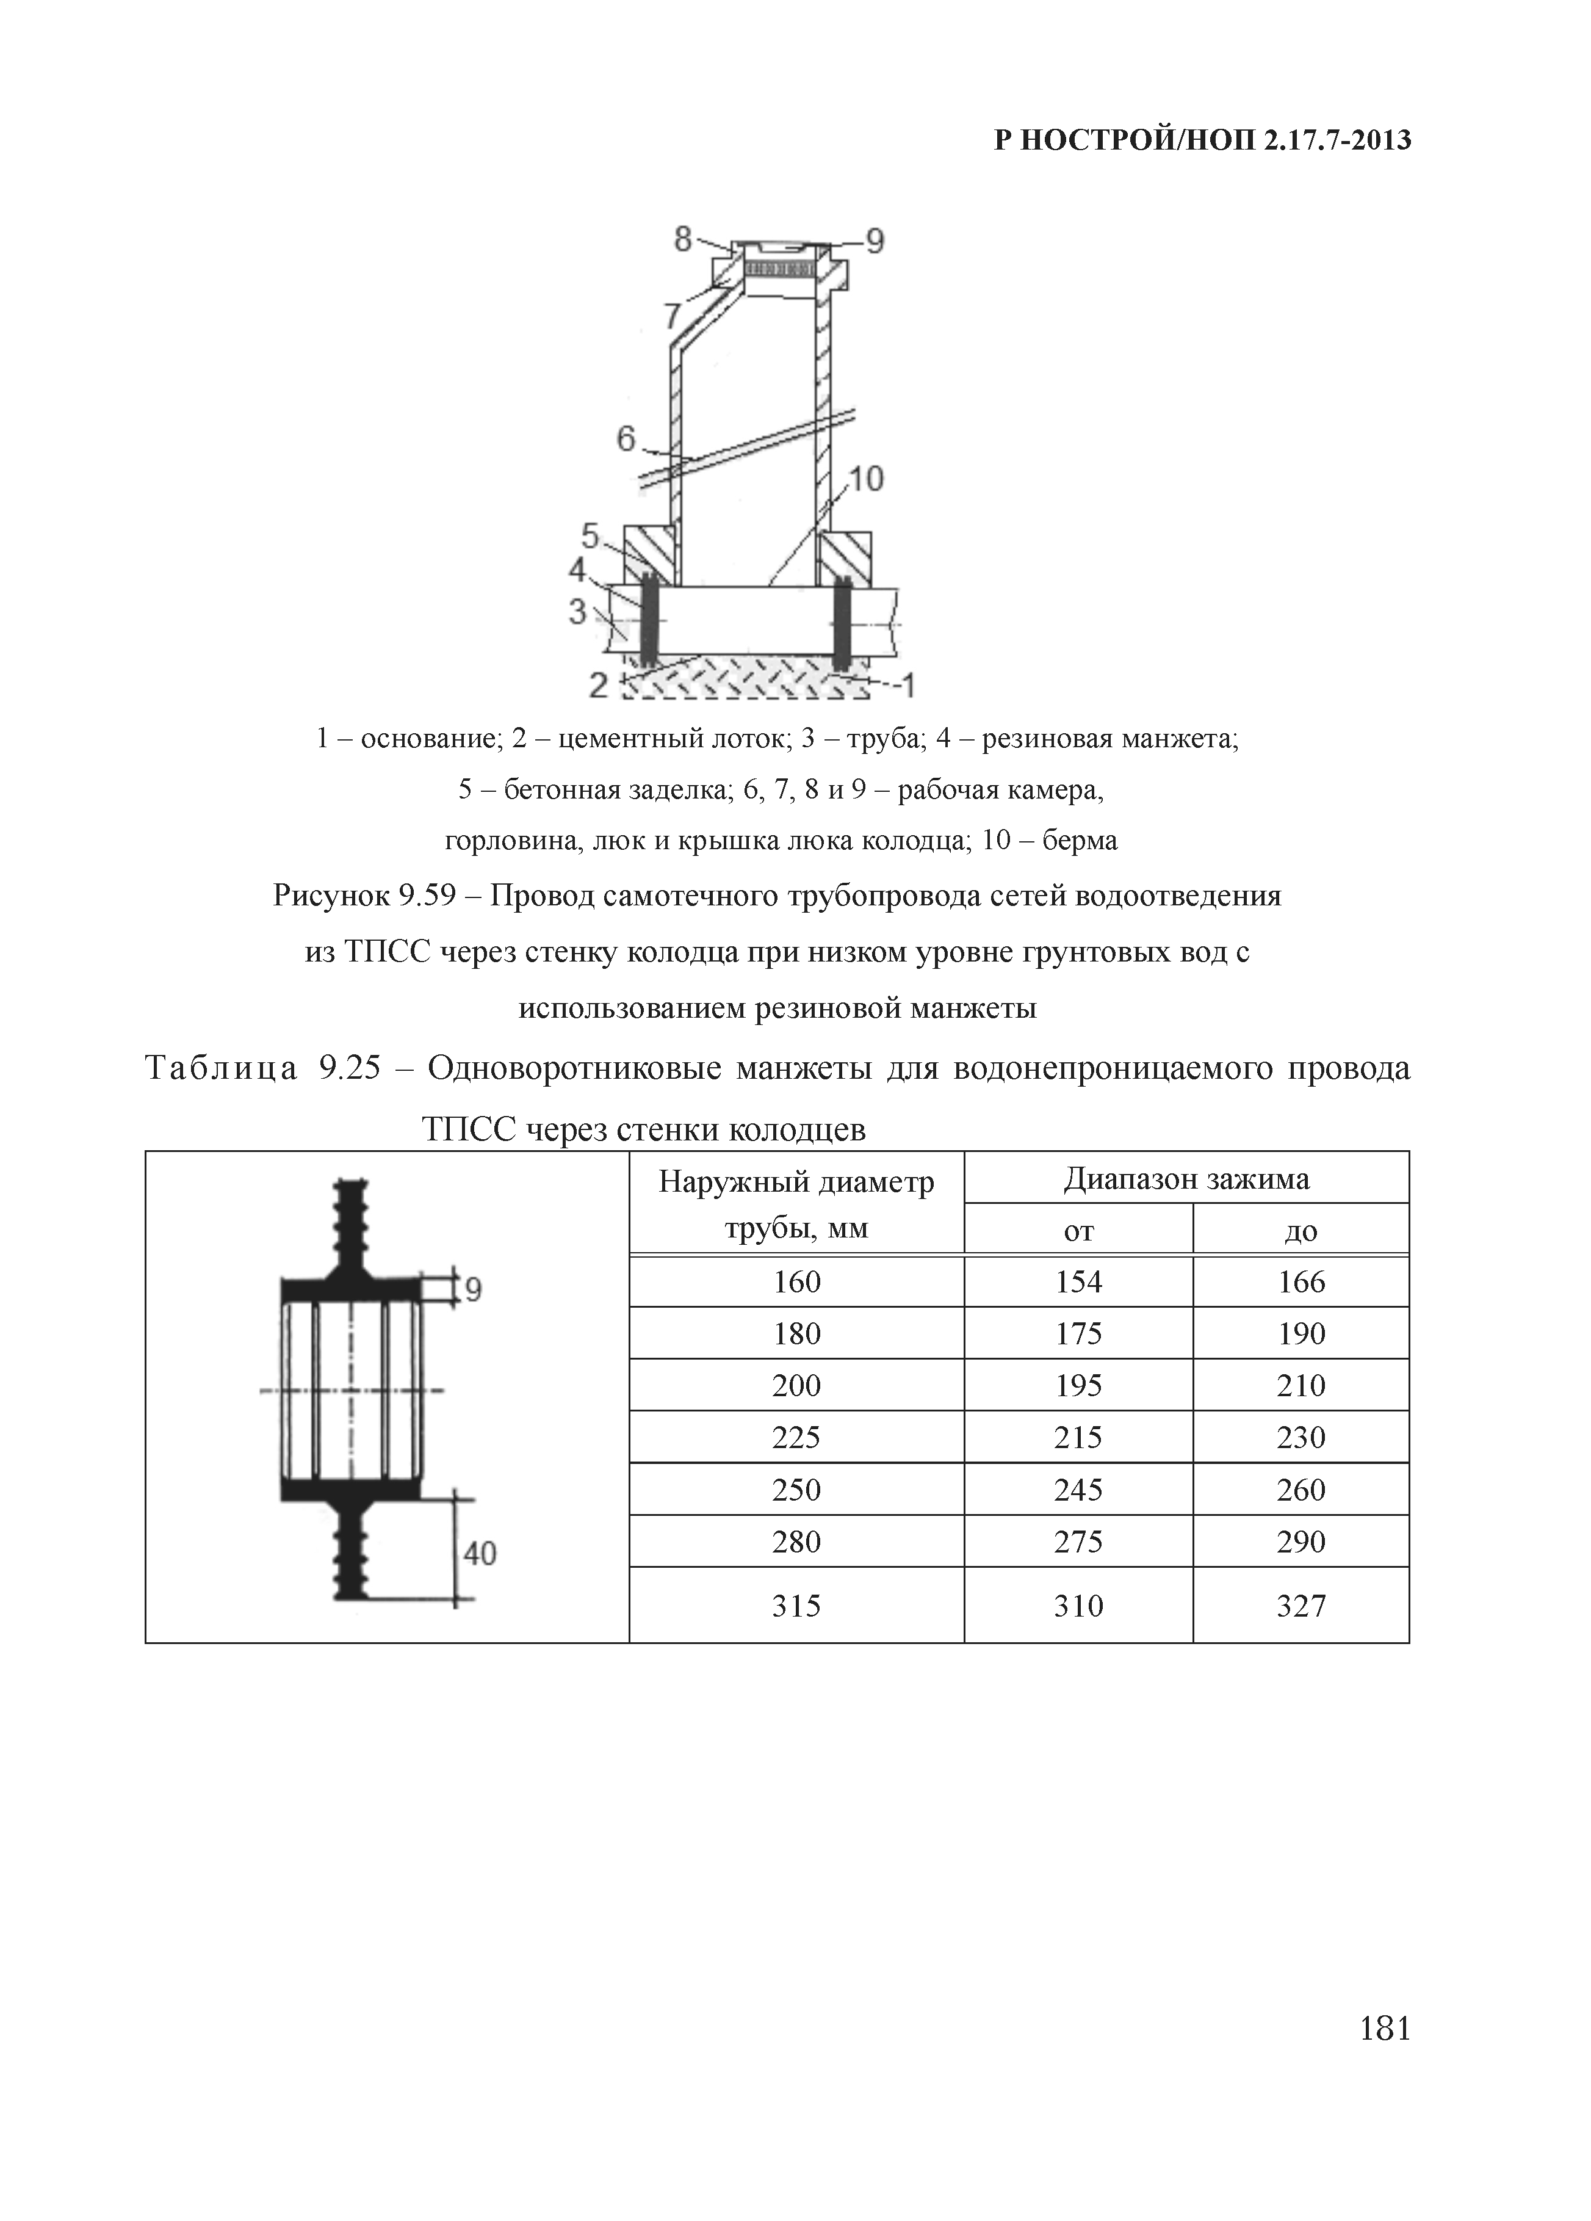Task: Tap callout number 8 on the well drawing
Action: [x=682, y=238]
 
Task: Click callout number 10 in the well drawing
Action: [x=865, y=479]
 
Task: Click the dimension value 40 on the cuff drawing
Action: [x=480, y=1552]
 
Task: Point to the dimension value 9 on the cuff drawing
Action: [x=473, y=1291]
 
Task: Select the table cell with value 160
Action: [x=796, y=1282]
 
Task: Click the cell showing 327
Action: [x=1301, y=1605]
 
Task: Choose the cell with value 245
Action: [x=1078, y=1490]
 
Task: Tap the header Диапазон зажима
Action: [x=1186, y=1178]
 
